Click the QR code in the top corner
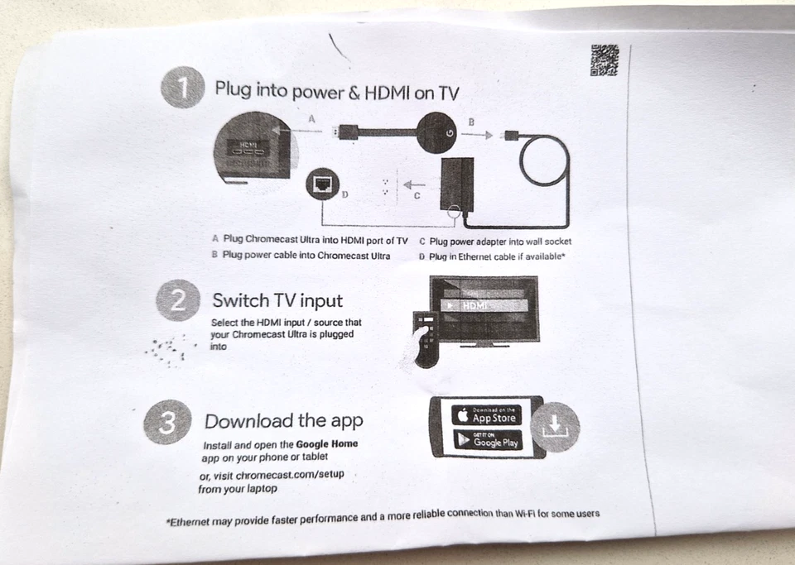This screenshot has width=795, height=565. (604, 60)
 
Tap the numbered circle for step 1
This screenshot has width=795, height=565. (181, 87)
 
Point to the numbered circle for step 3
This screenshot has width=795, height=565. (166, 423)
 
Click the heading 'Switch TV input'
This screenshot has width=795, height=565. (277, 300)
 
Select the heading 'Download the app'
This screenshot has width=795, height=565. (283, 421)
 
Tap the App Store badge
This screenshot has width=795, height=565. (486, 414)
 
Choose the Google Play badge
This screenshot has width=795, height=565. (487, 440)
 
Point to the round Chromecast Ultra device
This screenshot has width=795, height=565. (439, 132)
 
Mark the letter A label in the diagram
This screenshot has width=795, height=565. (311, 118)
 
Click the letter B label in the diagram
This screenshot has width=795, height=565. (471, 122)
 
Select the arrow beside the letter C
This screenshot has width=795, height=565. (416, 184)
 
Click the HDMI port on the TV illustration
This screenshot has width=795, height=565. (248, 152)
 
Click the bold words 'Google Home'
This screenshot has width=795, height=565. (327, 444)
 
